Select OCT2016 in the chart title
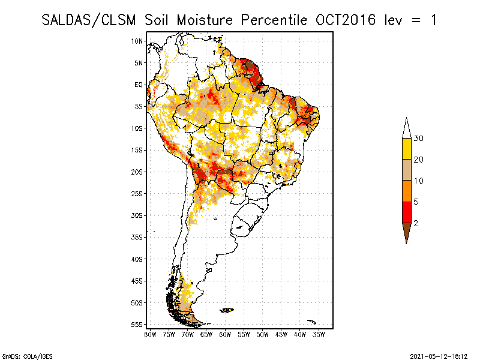pyautogui.click(x=344, y=20)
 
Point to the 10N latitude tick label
pyautogui.click(x=137, y=41)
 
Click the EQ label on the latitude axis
pyautogui.click(x=139, y=85)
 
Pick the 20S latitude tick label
pyautogui.click(x=137, y=172)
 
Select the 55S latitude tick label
pyautogui.click(x=137, y=324)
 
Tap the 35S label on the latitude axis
pyautogui.click(x=137, y=237)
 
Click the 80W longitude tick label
pyautogui.click(x=151, y=334)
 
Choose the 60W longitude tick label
pyautogui.click(x=226, y=334)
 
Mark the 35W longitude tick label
pyautogui.click(x=319, y=334)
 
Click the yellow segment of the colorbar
pyautogui.click(x=406, y=149)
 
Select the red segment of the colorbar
pyautogui.click(x=406, y=212)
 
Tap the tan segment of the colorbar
pyautogui.click(x=406, y=170)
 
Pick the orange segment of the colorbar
pyautogui.click(x=406, y=191)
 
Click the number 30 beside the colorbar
pyautogui.click(x=419, y=139)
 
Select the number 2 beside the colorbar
pyautogui.click(x=416, y=223)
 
